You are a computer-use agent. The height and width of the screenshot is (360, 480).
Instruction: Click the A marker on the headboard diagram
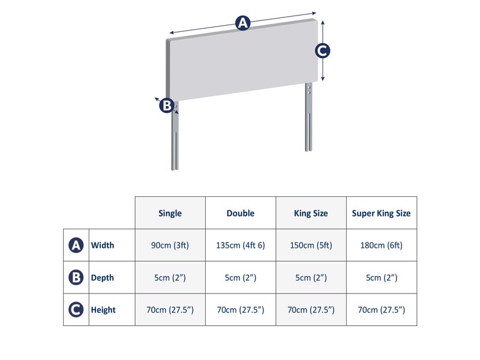tap(242, 23)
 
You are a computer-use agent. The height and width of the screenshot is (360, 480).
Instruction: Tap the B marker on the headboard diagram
tap(166, 106)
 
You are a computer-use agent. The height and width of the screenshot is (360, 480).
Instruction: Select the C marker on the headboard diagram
tap(322, 51)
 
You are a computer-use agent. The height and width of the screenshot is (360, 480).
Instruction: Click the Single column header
tap(170, 213)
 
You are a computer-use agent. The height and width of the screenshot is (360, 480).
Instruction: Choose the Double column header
tap(241, 213)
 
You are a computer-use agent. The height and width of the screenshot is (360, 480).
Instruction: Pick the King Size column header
tap(311, 213)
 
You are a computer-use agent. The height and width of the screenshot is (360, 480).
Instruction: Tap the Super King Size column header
tap(382, 214)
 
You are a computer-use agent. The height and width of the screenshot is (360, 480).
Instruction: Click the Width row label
tap(103, 245)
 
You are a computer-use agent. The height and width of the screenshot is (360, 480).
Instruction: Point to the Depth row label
tap(103, 278)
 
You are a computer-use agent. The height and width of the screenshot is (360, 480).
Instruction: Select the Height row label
tap(103, 310)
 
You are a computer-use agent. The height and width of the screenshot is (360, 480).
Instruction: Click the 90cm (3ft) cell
tap(170, 245)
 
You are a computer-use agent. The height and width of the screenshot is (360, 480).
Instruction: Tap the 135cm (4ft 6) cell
tap(241, 245)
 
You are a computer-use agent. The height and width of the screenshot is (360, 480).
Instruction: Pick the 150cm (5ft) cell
tap(311, 245)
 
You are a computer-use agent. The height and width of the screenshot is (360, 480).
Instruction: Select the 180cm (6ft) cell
tap(382, 245)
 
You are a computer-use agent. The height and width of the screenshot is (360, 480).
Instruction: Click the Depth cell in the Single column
tap(170, 278)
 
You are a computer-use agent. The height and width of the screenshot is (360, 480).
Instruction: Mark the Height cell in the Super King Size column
tap(382, 310)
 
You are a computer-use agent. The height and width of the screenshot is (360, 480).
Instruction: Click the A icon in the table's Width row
tap(76, 245)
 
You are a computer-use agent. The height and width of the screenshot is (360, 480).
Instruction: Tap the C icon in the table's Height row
tap(76, 310)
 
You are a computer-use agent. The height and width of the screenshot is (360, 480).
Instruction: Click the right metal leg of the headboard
tap(308, 120)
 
